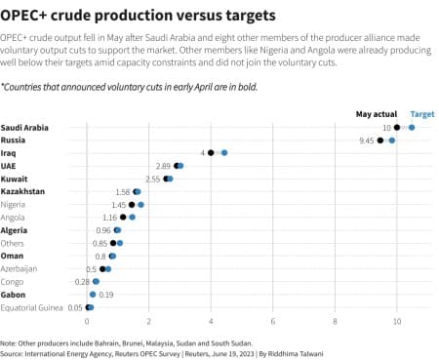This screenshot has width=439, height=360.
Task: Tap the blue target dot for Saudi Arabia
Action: (412, 128)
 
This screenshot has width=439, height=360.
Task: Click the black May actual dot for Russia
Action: (380, 140)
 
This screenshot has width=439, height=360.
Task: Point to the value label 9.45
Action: (367, 140)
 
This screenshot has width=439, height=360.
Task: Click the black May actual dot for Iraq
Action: (211, 153)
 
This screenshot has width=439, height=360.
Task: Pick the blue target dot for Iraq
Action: (224, 153)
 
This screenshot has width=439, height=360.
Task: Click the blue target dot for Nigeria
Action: (140, 205)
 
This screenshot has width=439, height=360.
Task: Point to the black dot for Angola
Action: (123, 218)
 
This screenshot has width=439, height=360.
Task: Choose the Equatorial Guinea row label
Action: (32, 306)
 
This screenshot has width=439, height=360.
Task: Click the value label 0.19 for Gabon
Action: (107, 294)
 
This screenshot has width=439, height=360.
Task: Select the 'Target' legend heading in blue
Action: (422, 114)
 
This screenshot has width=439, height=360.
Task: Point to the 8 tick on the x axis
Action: (335, 320)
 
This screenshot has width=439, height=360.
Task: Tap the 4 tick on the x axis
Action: (211, 320)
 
